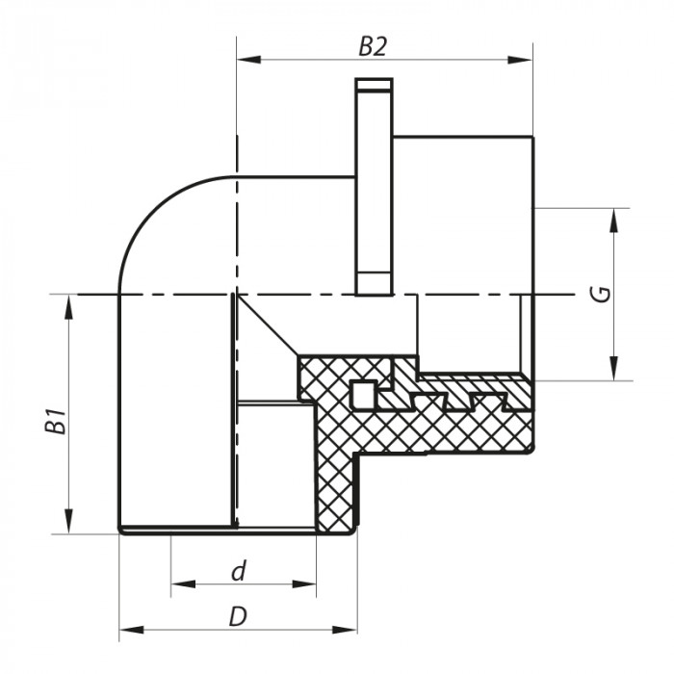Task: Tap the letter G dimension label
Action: tap(601, 294)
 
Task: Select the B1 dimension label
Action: tap(58, 421)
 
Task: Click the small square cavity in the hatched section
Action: tap(362, 393)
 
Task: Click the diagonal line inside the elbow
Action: tap(265, 325)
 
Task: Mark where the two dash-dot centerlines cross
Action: tap(234, 294)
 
